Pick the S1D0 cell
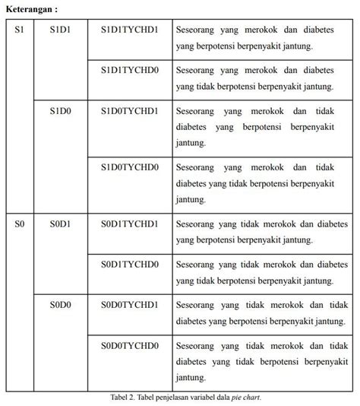click(x=60, y=110)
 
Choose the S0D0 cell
click(x=60, y=305)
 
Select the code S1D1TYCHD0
click(x=130, y=71)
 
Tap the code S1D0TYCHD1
click(x=130, y=110)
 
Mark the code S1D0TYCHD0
click(x=130, y=167)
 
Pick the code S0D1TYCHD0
click(x=130, y=264)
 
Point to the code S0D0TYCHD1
click(x=130, y=305)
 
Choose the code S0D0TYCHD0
click(x=130, y=345)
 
